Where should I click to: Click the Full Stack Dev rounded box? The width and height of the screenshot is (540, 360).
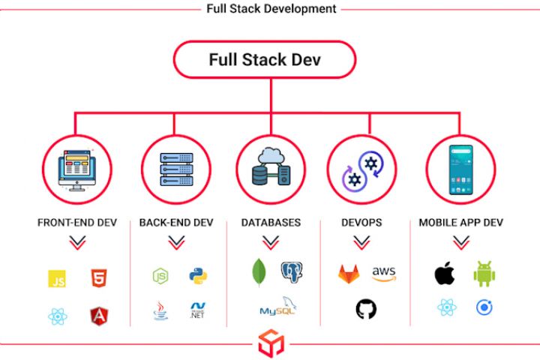click(264, 60)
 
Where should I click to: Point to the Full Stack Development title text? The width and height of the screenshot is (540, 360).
click(271, 9)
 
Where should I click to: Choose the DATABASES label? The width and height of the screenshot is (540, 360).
click(271, 223)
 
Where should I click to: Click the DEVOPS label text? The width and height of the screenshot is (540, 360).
click(361, 223)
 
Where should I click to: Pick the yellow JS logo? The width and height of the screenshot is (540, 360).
click(57, 278)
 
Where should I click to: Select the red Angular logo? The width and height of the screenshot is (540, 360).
click(98, 316)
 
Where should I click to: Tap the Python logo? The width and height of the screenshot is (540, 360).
click(198, 275)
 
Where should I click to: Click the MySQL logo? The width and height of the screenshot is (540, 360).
click(276, 308)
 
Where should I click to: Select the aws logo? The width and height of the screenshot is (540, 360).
click(384, 274)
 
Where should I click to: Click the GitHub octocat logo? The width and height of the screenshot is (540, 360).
click(366, 308)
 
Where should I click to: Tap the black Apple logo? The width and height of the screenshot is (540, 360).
click(444, 274)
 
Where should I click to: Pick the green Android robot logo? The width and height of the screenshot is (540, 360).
click(484, 274)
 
